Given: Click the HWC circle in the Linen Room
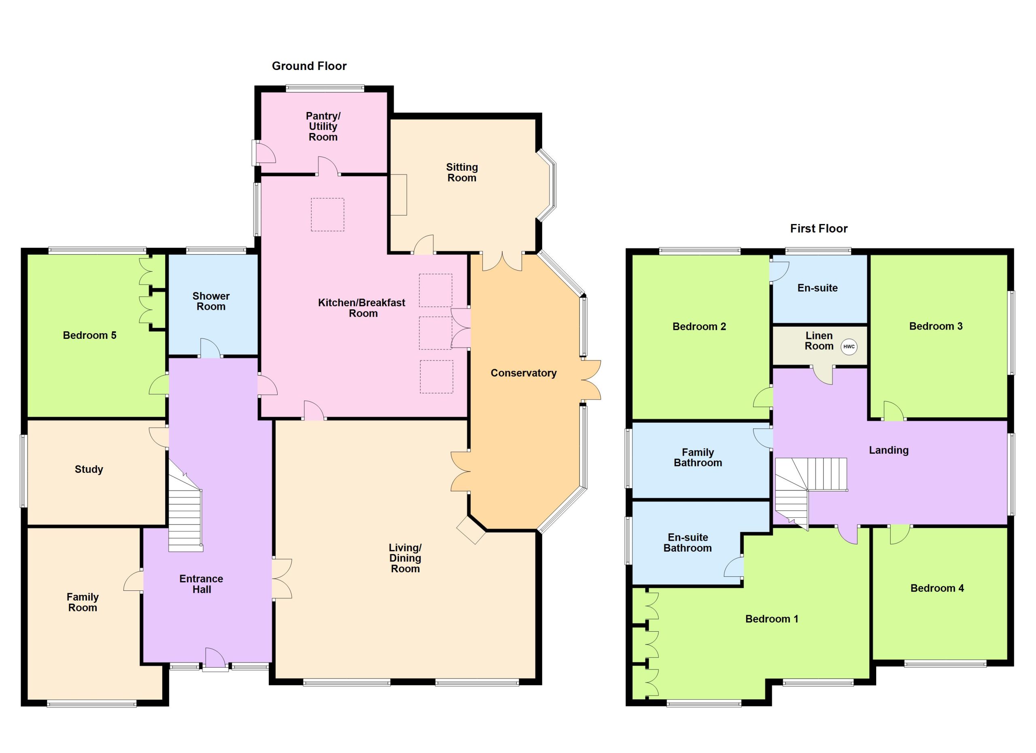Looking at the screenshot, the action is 849,347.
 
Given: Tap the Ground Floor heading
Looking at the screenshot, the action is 309,66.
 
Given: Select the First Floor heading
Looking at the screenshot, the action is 819,228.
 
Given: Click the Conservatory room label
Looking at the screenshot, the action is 524,373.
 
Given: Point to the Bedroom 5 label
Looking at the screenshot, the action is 89,335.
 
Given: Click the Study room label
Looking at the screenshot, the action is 89,469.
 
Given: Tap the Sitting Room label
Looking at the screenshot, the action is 462,173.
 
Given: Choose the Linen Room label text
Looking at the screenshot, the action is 819,341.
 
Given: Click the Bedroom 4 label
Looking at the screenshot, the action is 937,588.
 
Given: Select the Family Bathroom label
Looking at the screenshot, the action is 698,457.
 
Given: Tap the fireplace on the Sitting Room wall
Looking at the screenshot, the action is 398,195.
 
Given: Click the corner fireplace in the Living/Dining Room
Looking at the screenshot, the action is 471,530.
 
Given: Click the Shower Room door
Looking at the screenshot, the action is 210,348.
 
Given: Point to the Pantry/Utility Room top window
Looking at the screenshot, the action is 325,89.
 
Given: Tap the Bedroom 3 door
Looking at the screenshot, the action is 894,411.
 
